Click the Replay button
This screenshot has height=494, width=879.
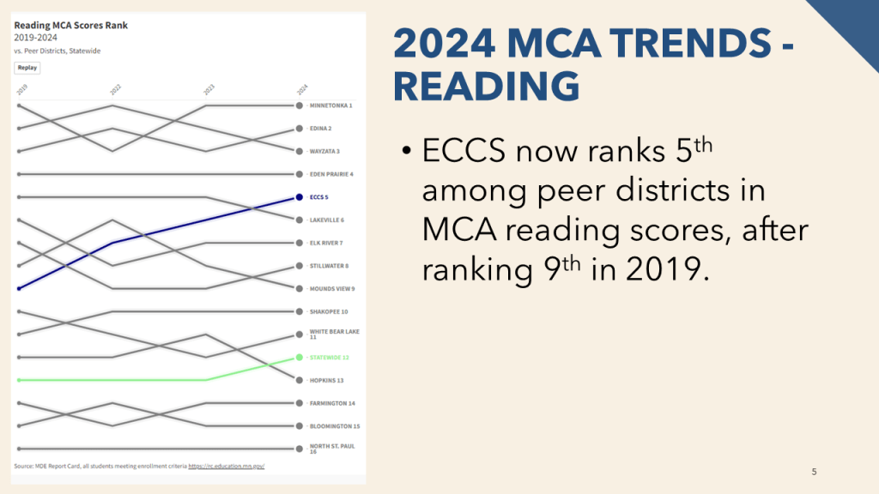pos(27,68)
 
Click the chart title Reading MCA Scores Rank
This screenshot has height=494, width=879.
pos(71,26)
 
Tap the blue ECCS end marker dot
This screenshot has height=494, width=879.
pos(299,197)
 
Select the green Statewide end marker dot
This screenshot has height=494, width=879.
pos(299,357)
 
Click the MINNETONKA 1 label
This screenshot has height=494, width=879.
pos(331,105)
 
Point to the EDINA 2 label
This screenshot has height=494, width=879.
pos(320,129)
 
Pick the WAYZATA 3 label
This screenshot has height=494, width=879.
pos(324,151)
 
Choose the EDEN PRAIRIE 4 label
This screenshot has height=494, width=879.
pos(331,174)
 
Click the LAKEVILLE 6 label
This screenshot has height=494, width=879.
pos(327,220)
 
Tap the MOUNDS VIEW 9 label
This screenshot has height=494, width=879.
pos(332,288)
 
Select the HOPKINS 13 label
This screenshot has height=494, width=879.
pos(326,380)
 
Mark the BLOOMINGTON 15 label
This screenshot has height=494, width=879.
pos(335,425)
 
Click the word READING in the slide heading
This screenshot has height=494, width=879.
pos(485,87)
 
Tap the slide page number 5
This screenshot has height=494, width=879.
pos(814,471)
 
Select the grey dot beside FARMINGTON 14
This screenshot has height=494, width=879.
pos(299,403)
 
